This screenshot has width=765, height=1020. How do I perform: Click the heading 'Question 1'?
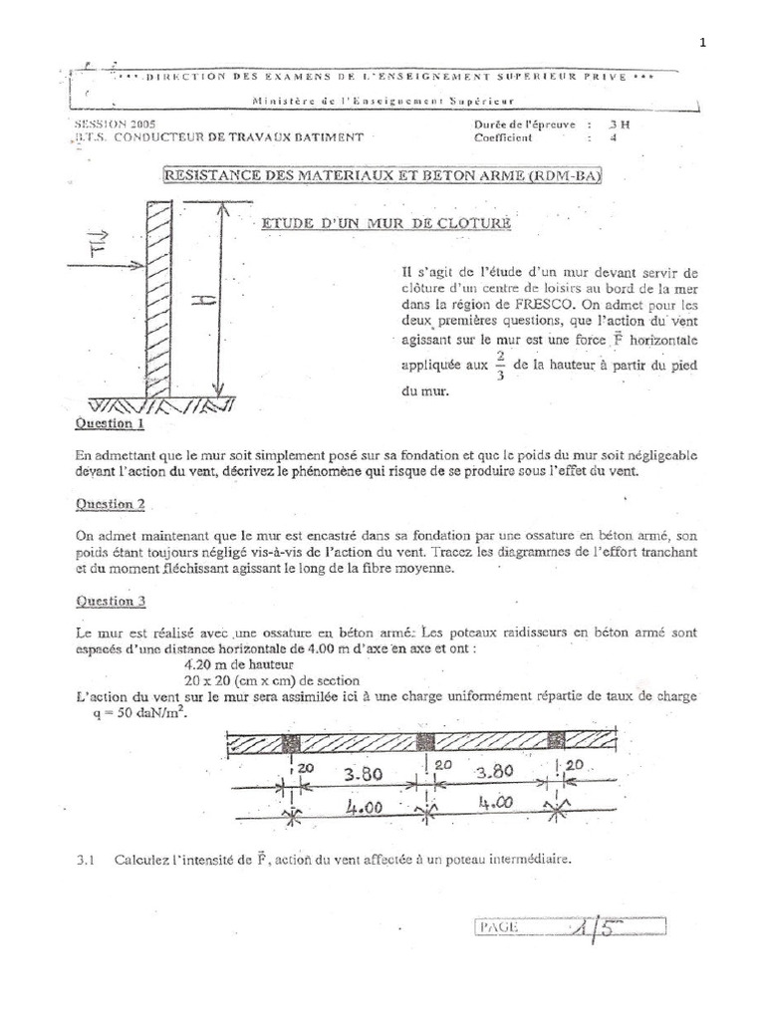pos(111,423)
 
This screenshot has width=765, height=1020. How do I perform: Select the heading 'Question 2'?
pos(111,505)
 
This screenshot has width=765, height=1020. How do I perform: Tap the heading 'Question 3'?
pos(111,601)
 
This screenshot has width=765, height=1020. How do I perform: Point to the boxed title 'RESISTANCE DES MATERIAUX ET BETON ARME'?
pos(382,176)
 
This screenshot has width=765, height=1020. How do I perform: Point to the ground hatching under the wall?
pos(162,407)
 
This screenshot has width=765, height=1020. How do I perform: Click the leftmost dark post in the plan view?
pos(291,744)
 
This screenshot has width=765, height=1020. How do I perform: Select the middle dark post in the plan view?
pos(425,744)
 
